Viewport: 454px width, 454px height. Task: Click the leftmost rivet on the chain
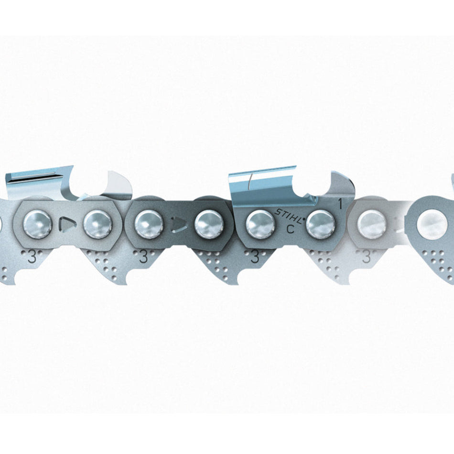pyautogui.click(x=38, y=225)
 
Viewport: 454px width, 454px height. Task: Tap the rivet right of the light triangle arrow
pyautogui.click(x=98, y=225)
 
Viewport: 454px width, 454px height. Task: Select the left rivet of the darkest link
pyautogui.click(x=149, y=225)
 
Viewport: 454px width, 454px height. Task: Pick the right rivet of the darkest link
pyautogui.click(x=209, y=225)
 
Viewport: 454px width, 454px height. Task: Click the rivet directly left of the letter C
pyautogui.click(x=260, y=225)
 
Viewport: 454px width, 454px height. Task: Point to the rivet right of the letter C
pyautogui.click(x=320, y=225)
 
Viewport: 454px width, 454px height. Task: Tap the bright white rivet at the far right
pyautogui.click(x=432, y=225)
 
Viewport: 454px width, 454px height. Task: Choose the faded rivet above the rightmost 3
pyautogui.click(x=371, y=225)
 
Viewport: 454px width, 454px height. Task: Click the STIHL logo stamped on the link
pyautogui.click(x=290, y=216)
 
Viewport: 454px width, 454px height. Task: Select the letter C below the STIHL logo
pyautogui.click(x=290, y=229)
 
